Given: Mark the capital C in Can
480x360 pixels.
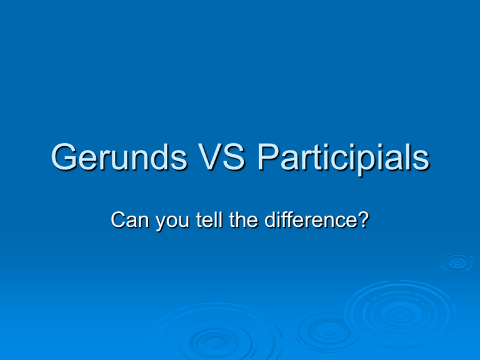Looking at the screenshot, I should click(116, 220).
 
